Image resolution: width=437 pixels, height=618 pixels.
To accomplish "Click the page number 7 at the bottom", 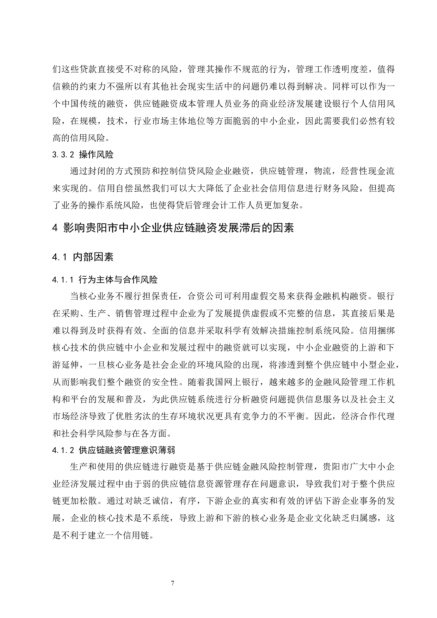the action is coord(173,583).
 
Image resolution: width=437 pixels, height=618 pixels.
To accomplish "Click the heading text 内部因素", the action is coord(93,257).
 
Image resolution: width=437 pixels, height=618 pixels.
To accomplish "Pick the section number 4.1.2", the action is coord(63,450).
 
